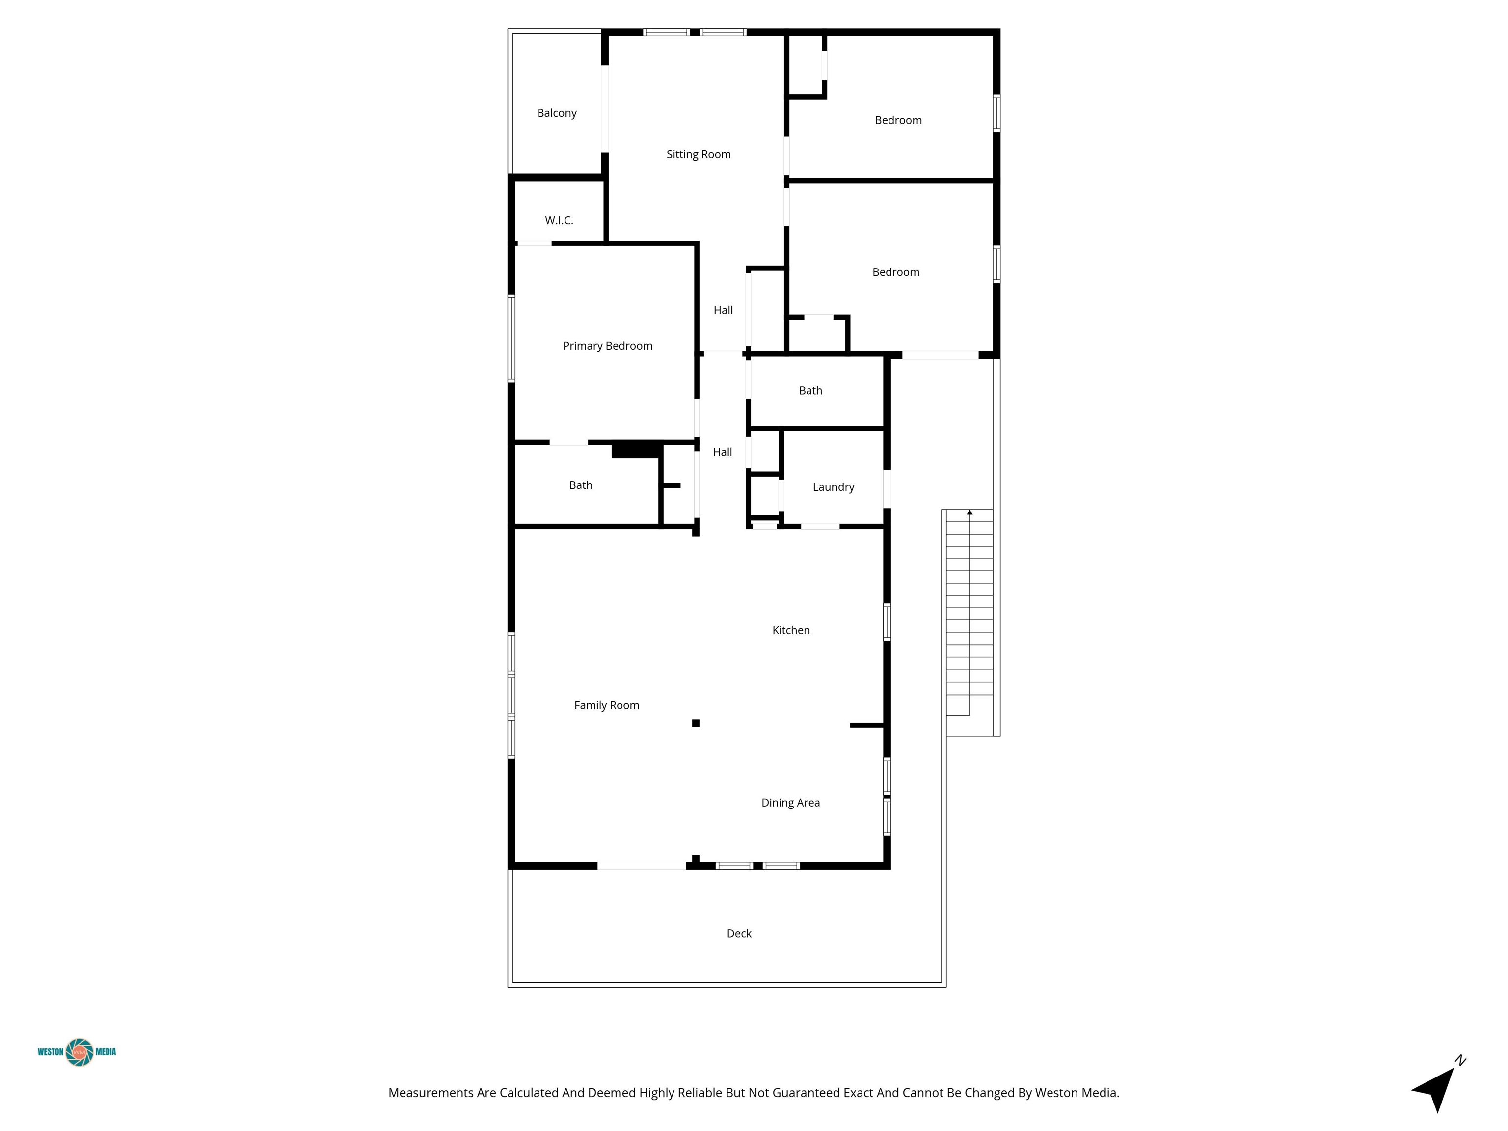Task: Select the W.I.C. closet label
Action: (x=559, y=220)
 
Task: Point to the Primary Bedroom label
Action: (x=607, y=346)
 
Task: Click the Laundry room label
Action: (x=833, y=487)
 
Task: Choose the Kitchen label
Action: (x=791, y=630)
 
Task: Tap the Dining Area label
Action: (x=790, y=803)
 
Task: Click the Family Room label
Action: (x=606, y=705)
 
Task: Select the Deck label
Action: (x=739, y=933)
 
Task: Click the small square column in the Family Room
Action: (x=696, y=724)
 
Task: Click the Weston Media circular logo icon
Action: (x=80, y=1052)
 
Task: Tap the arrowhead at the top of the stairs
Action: (x=969, y=512)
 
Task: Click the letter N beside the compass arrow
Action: (x=1460, y=1061)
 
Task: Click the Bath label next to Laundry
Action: (x=810, y=391)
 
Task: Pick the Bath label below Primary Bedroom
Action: (x=580, y=485)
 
